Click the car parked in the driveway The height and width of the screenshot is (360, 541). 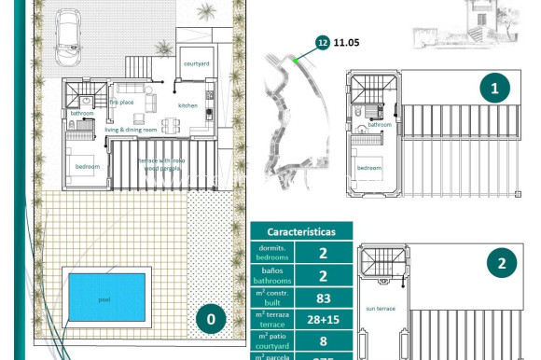coord(70,36)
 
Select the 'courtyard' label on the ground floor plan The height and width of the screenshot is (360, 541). coord(196,64)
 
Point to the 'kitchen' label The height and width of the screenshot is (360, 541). coord(188,105)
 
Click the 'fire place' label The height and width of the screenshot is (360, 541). coord(122,102)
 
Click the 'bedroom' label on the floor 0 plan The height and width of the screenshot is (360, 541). coord(87,167)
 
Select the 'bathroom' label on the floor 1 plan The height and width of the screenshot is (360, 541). coord(379,124)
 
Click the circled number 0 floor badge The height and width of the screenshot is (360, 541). coord(211,320)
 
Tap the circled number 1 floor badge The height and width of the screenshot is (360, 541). coord(495,90)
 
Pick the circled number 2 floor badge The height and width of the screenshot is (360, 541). coord(502,264)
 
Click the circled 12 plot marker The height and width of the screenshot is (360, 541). coord(323,42)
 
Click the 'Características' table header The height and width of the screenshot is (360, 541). coord(302,231)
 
